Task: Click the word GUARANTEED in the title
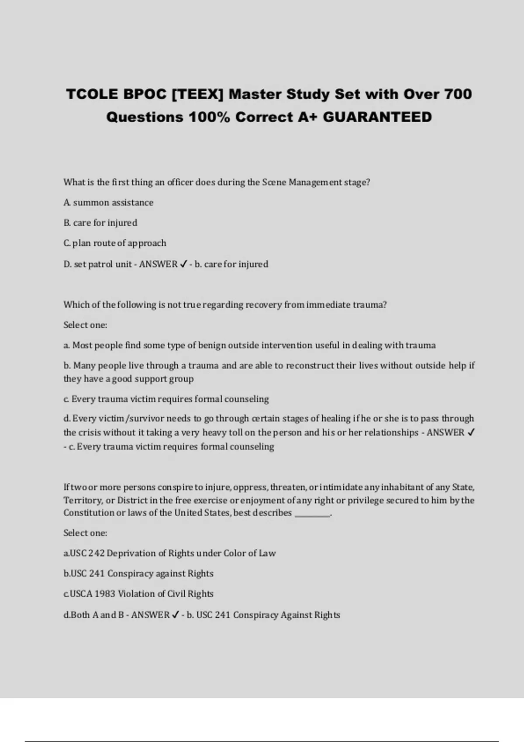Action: (377, 117)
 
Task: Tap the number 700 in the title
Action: (458, 94)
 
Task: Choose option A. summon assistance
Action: (108, 203)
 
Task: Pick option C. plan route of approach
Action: (115, 243)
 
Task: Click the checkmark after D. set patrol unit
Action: (183, 264)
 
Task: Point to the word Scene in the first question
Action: (274, 182)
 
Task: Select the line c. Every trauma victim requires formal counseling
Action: (166, 399)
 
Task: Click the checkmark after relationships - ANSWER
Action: (471, 433)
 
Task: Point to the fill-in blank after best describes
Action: (313, 513)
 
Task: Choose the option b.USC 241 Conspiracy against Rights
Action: (138, 574)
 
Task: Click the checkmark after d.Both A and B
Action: (175, 615)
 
